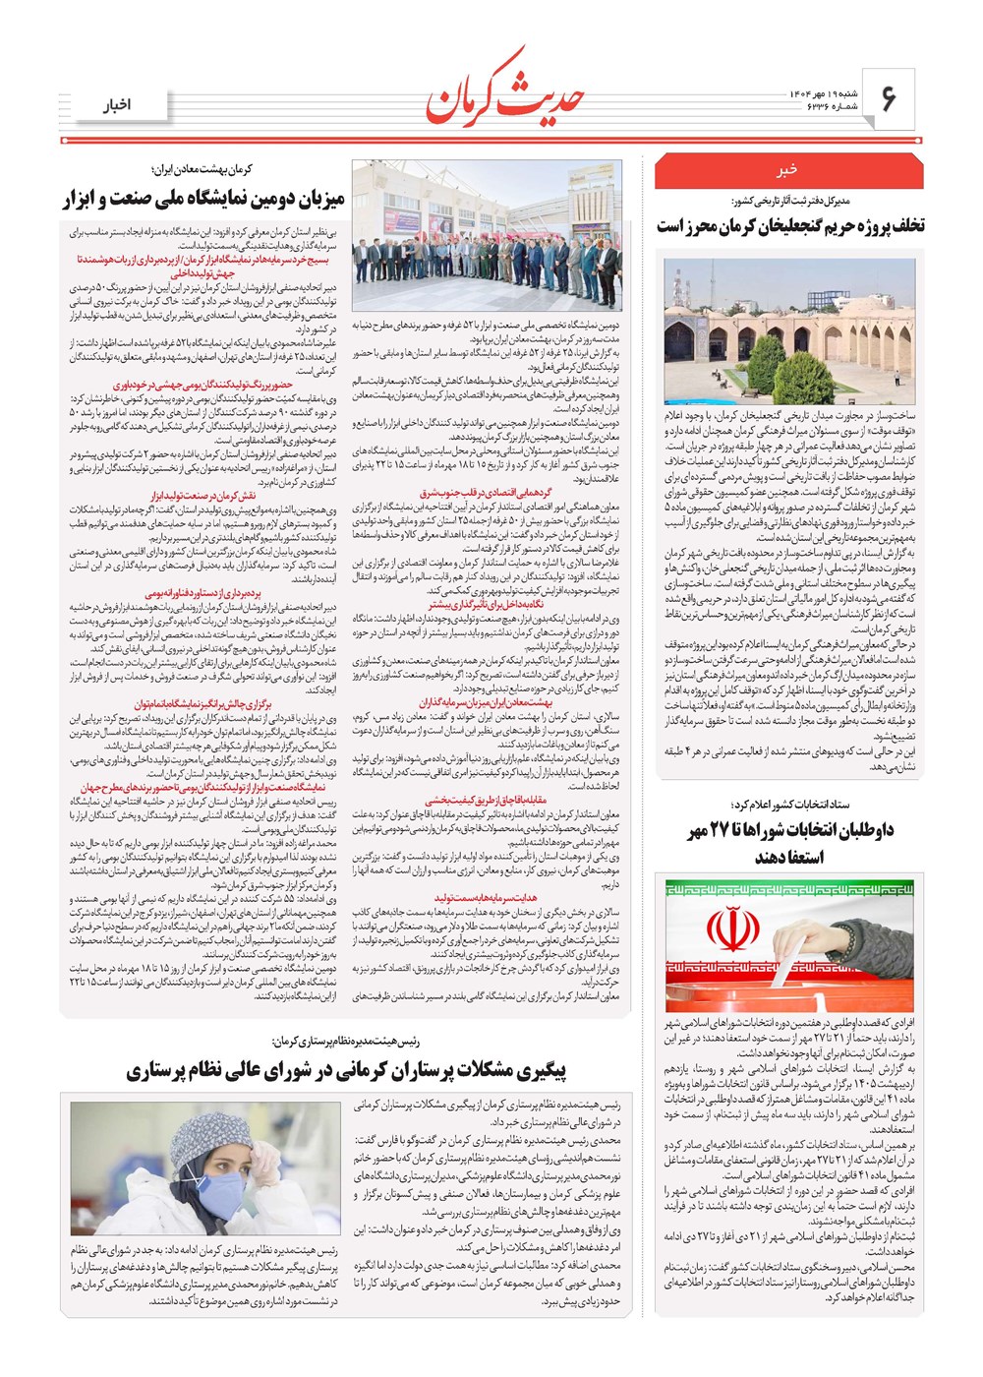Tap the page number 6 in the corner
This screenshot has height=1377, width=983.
[x=889, y=98]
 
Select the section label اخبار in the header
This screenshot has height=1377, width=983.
[x=118, y=105]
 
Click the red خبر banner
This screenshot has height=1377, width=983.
[x=787, y=171]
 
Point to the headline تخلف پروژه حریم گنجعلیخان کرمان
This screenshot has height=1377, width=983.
[x=790, y=226]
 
